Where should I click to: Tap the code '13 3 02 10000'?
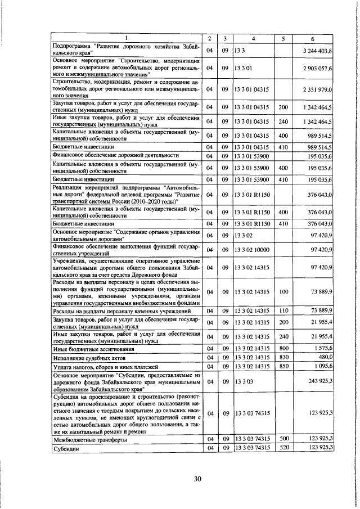coord(252,250)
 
